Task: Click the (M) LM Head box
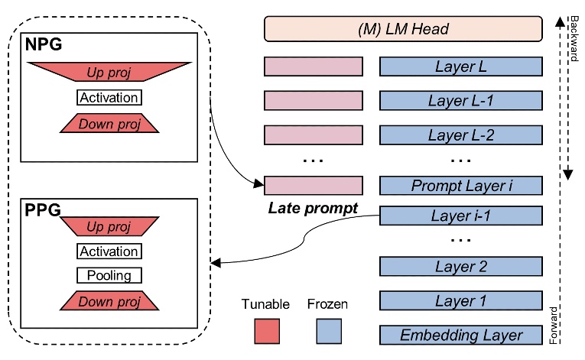[x=403, y=29]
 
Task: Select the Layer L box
[x=460, y=66]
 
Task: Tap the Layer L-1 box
[x=460, y=101]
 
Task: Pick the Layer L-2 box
[x=460, y=135]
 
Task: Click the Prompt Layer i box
[x=460, y=185]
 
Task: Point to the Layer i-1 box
[x=460, y=217]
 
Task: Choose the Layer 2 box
[x=460, y=267]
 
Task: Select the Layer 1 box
[x=460, y=301]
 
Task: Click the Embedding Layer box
[x=460, y=335]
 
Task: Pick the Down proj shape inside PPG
[x=109, y=300]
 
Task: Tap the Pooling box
[x=109, y=275]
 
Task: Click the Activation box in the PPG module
[x=109, y=251]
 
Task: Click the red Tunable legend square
[x=266, y=330]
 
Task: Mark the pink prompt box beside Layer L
[x=313, y=66]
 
